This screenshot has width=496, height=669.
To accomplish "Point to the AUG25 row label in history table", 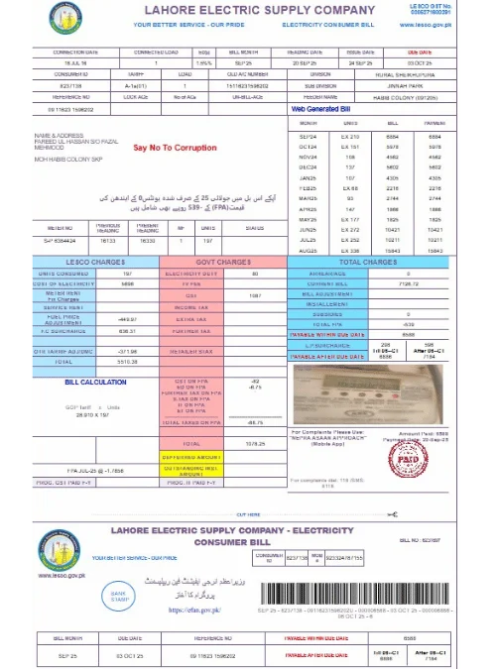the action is click(x=308, y=250).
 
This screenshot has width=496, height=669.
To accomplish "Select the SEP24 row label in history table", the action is click(x=308, y=136).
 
